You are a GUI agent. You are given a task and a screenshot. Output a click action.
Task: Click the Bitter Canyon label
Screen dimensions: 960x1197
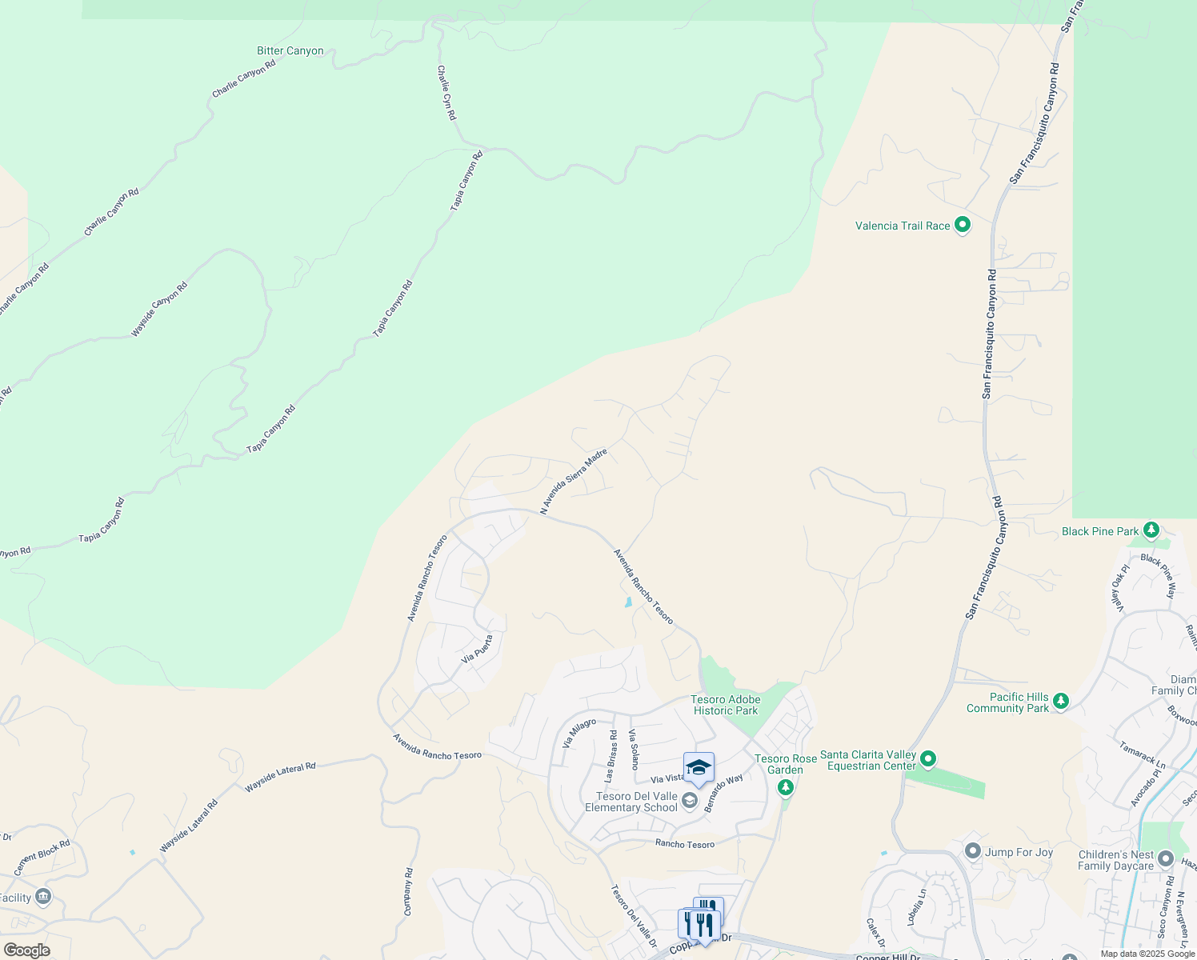[x=290, y=51]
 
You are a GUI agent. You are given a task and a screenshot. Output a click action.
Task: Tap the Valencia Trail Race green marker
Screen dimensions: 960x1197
[x=963, y=226]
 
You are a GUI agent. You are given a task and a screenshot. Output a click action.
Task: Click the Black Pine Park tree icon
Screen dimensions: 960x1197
[x=1151, y=530]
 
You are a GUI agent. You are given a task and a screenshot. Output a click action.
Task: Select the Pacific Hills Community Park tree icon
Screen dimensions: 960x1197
[x=1061, y=702]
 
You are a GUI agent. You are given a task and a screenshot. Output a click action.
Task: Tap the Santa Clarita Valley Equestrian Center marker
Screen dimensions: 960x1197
[x=928, y=758]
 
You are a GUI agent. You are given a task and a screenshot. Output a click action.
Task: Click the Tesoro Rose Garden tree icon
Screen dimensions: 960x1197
[x=786, y=788]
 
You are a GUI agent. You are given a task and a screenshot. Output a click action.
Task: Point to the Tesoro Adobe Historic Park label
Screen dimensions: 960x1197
[x=726, y=705]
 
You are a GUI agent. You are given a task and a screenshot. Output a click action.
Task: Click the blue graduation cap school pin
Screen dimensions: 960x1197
[x=699, y=768]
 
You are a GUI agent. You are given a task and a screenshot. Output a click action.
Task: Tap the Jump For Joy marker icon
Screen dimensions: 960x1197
[x=973, y=851]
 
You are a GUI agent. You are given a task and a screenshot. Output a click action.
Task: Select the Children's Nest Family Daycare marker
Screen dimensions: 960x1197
[x=1165, y=860]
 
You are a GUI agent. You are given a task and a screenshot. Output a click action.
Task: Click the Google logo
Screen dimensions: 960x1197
[x=26, y=950]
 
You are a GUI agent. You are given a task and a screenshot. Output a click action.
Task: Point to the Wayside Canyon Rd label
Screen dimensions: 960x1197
[x=159, y=309]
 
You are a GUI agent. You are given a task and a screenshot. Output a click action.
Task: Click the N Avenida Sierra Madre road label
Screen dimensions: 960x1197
[x=574, y=482]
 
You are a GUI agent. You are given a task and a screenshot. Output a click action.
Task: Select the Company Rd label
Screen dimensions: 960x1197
[x=409, y=892]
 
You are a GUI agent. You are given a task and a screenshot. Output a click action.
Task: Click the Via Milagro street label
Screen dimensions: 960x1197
[x=579, y=734]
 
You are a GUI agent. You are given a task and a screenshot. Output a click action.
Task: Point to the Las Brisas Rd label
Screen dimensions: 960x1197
[x=611, y=756]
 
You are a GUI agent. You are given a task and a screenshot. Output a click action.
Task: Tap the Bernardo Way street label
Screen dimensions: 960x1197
[x=723, y=793]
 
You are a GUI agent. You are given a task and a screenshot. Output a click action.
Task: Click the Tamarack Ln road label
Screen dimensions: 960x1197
[x=1142, y=756]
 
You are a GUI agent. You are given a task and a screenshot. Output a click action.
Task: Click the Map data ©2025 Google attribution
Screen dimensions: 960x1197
[x=1147, y=954]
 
